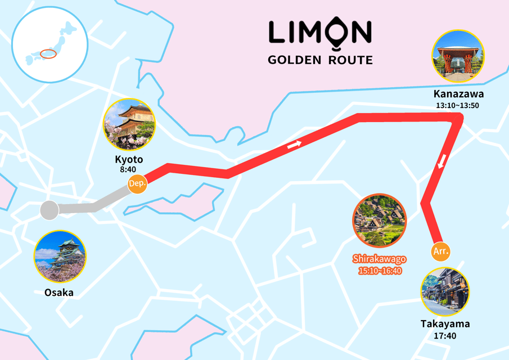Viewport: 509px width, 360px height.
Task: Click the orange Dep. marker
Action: tap(137, 184)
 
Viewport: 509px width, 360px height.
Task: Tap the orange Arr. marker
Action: tap(441, 251)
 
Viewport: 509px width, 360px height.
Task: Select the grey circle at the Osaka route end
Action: tap(49, 210)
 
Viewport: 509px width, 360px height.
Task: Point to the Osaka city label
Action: tap(59, 292)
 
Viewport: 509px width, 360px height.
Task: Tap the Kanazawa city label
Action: tap(458, 94)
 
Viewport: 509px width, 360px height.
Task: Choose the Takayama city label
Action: tap(445, 324)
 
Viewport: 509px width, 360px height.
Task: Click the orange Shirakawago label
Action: tap(380, 259)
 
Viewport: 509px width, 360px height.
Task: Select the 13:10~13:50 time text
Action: tap(457, 105)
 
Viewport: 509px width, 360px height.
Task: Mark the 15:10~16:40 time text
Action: tap(380, 271)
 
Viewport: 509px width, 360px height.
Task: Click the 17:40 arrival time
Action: tap(445, 336)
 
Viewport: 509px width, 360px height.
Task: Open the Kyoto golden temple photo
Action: tap(129, 124)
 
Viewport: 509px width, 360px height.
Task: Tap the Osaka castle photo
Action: tap(60, 256)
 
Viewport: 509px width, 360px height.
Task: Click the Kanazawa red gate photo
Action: tap(458, 56)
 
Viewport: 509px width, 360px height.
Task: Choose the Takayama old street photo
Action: tap(445, 291)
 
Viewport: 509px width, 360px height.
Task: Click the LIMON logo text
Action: tap(320, 33)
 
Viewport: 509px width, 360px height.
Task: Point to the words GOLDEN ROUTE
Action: tap(320, 60)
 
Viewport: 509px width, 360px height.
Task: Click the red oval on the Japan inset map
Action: tap(49, 54)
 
